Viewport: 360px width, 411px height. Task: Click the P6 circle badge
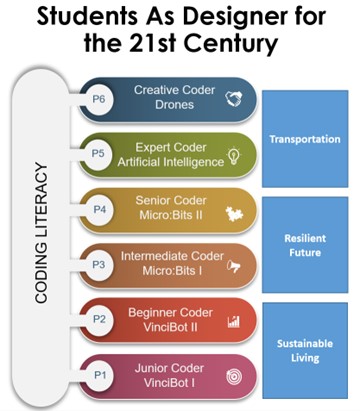pyautogui.click(x=99, y=100)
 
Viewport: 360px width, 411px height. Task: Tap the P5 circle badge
pyautogui.click(x=98, y=154)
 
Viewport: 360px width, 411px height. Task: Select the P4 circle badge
pyautogui.click(x=99, y=210)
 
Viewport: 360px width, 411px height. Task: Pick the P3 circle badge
pyautogui.click(x=99, y=265)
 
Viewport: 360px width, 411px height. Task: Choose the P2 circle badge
pyautogui.click(x=99, y=320)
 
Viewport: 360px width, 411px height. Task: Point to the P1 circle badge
pyautogui.click(x=100, y=375)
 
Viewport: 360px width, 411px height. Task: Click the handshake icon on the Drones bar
pyautogui.click(x=234, y=99)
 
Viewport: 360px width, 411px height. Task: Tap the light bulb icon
pyautogui.click(x=234, y=155)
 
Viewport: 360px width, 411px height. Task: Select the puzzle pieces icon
pyautogui.click(x=234, y=214)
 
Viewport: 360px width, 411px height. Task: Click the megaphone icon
pyautogui.click(x=234, y=266)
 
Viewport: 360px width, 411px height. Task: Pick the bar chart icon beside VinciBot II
pyautogui.click(x=234, y=321)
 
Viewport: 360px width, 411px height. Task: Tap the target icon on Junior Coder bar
pyautogui.click(x=234, y=377)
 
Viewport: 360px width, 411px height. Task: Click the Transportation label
pyautogui.click(x=305, y=139)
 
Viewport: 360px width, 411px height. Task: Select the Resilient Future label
pyautogui.click(x=305, y=245)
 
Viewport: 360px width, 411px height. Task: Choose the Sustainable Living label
pyautogui.click(x=305, y=351)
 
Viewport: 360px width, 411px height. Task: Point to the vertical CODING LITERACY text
pyautogui.click(x=41, y=233)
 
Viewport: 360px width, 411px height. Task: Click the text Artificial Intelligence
pyautogui.click(x=171, y=162)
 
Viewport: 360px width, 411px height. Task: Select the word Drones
pyautogui.click(x=174, y=105)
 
